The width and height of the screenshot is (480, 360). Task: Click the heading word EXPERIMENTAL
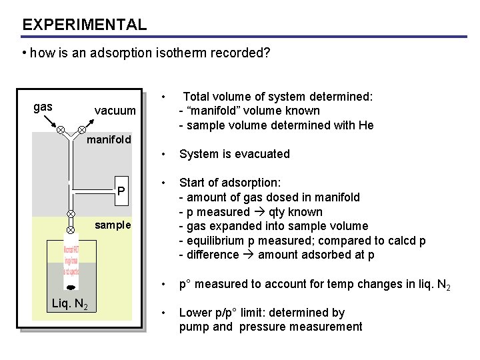coord(84,25)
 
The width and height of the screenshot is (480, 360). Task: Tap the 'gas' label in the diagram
coord(43,106)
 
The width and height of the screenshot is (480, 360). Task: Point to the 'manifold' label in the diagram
coord(109,140)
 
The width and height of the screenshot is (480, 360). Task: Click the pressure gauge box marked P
coord(121,191)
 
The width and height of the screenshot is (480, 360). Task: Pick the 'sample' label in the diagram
coord(113,225)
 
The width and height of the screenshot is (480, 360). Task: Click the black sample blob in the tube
coord(71,289)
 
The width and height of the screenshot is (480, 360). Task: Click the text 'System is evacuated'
coord(234,154)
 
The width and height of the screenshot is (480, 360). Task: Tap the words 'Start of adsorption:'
coord(230,183)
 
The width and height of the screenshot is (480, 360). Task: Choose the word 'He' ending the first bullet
coord(366,125)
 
